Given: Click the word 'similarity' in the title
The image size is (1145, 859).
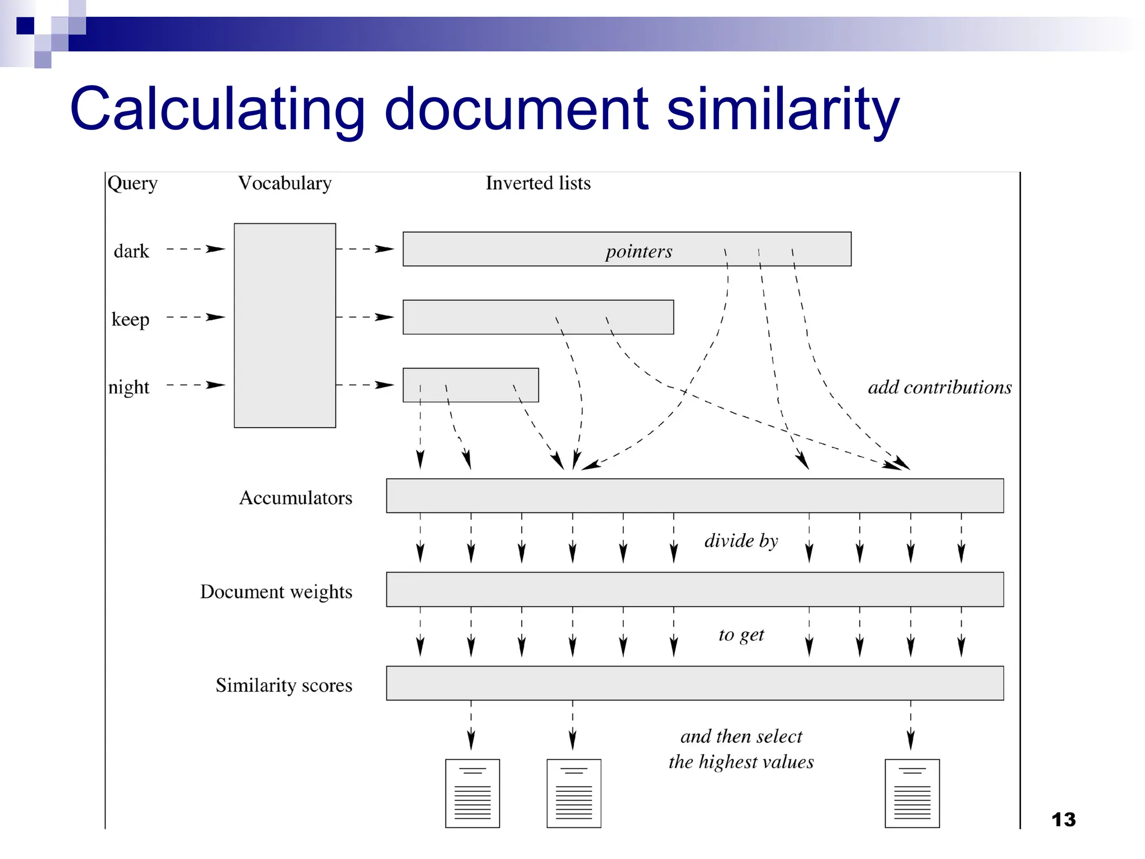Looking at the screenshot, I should coord(783,109).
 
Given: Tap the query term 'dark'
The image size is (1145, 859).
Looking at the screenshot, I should coord(131,251).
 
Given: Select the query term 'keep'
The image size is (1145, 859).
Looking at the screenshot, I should coord(130,319).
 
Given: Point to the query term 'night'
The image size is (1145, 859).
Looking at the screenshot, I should coord(129,387).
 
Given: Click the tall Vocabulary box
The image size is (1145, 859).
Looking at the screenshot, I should coord(285,325).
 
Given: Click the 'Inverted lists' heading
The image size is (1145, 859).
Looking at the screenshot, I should coord(538,183).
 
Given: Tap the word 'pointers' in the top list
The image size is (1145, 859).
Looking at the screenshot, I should coord(639,251).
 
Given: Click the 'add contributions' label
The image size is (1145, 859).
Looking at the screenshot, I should coord(939,387).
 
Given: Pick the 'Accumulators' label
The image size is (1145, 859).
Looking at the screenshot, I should coord(296,498).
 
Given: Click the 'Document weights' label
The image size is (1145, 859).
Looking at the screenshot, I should coord(276,592).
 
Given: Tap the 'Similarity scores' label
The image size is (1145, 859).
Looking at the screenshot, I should coord(284,685).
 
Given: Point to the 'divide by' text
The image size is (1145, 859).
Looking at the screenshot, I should coord(741,541).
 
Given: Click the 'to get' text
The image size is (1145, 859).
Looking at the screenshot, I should coord(741,635).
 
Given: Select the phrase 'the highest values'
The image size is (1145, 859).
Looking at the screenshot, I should coord(741,762).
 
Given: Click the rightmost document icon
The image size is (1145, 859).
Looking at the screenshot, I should coord(912,793).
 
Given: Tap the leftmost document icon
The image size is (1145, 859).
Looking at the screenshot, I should coord(472,793).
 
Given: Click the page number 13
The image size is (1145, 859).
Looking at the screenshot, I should coord(1063,820).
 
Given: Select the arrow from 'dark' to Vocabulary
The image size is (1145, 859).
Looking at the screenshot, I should coord(196,249).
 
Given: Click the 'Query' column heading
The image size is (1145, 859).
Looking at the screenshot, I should coord(133,183).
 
